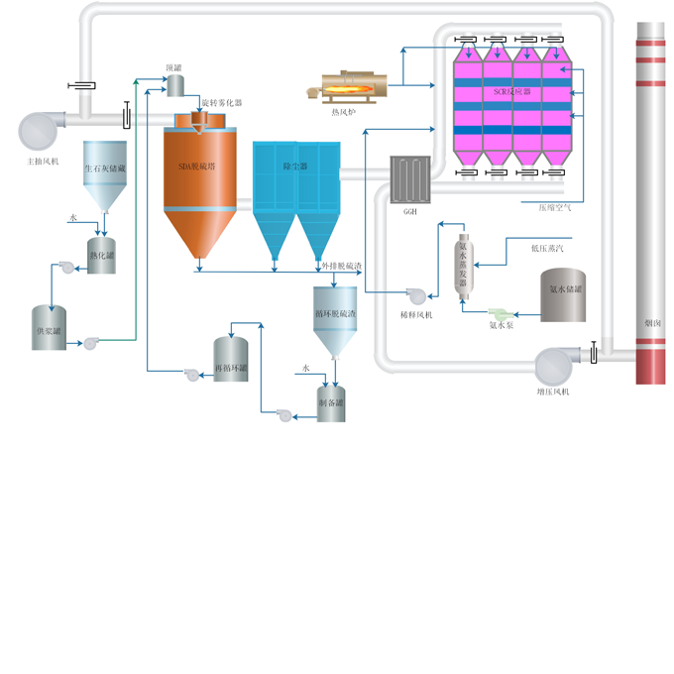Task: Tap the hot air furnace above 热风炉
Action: pyautogui.click(x=346, y=87)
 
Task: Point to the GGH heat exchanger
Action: pyautogui.click(x=409, y=179)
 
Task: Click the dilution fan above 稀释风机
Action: pyautogui.click(x=416, y=293)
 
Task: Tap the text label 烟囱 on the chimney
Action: pyautogui.click(x=653, y=321)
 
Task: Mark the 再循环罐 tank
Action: pyautogui.click(x=230, y=359)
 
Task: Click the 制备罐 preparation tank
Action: pyautogui.click(x=331, y=401)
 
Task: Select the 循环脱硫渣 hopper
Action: pyautogui.click(x=335, y=314)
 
